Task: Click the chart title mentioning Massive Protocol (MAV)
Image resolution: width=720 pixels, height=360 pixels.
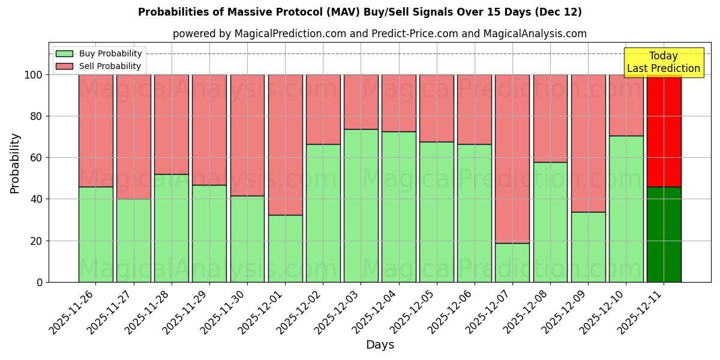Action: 359,12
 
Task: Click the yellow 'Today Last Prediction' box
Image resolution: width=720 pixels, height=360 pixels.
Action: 663,62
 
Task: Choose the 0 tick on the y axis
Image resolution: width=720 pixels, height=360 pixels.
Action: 40,282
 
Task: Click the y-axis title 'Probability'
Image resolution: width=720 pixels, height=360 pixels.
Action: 15,163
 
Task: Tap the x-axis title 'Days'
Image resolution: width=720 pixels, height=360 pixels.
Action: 380,345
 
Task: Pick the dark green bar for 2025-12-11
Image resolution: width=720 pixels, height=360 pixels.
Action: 664,234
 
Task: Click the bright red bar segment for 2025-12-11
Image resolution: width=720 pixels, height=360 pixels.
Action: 664,131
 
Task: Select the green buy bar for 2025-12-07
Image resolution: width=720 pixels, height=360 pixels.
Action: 512,262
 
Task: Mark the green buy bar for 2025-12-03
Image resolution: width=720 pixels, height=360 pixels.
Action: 361,205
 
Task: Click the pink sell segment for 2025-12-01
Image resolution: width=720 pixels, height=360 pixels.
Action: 285,145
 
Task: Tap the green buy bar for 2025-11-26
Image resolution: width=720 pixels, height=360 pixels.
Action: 96,234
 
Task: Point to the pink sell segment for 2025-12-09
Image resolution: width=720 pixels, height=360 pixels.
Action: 588,143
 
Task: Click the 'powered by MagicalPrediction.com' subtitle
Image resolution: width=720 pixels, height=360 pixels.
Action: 379,34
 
